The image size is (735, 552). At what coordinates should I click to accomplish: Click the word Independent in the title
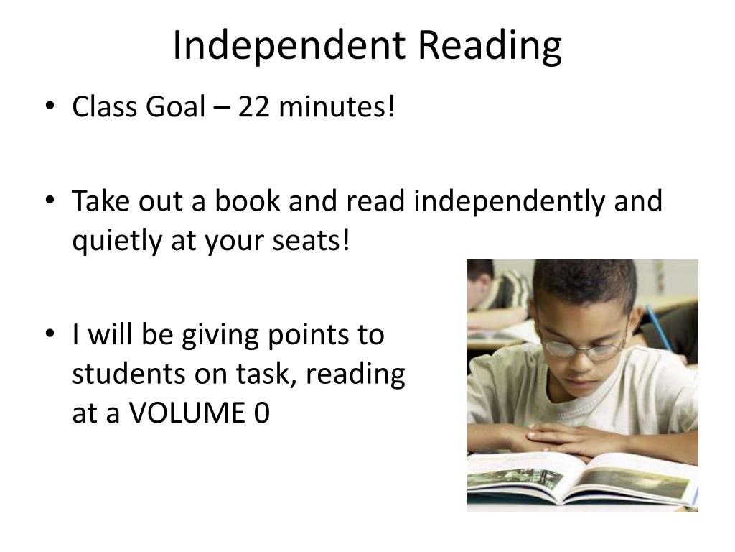289,45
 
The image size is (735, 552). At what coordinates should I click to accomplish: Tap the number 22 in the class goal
253,106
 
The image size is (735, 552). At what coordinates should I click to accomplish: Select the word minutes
337,106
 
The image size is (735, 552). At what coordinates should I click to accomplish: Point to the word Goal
176,106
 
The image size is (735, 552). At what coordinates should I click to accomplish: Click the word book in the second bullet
248,201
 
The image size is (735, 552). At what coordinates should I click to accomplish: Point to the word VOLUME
187,413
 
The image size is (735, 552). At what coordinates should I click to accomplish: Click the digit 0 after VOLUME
262,413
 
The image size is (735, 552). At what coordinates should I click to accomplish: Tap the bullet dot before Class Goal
50,106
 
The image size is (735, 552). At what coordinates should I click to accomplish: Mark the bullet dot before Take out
50,200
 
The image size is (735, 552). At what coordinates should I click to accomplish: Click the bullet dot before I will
50,333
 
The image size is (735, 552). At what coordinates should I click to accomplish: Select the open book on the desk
582,479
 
